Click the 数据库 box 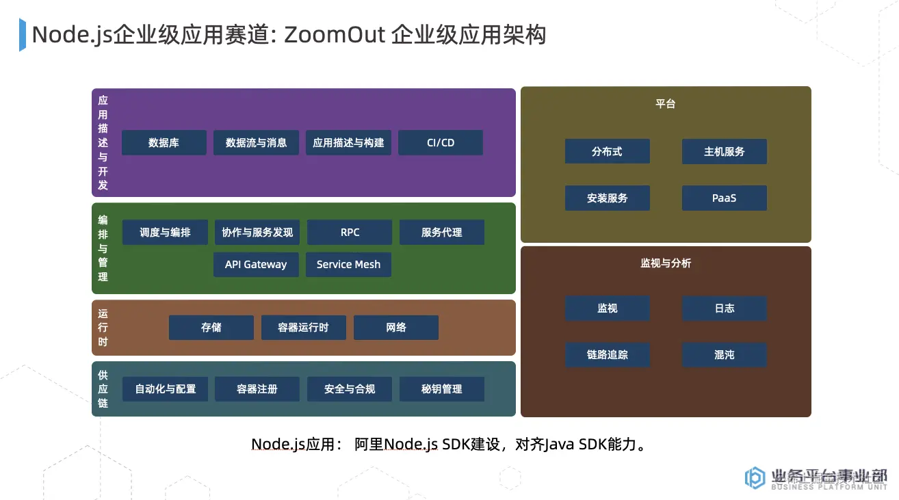164,143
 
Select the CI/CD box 441,143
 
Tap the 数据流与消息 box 256,143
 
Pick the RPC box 350,233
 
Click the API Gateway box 256,265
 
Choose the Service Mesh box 348,265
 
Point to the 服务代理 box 441,233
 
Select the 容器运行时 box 303,328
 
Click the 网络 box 395,328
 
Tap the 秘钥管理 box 441,389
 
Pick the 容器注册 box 257,389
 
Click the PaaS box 724,198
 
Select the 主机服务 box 724,152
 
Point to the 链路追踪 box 607,355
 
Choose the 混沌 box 724,355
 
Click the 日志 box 724,308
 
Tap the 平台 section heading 665,104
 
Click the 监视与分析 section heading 665,263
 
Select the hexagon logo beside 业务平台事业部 755,477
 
